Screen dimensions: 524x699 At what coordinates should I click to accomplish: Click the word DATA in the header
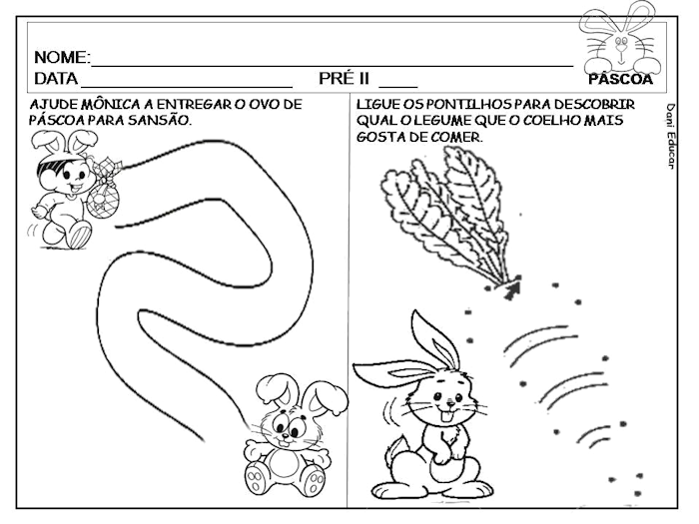coord(56,78)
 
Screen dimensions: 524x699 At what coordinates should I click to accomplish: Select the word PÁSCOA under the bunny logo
coord(620,79)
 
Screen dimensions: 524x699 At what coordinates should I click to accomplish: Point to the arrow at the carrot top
coord(513,289)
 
